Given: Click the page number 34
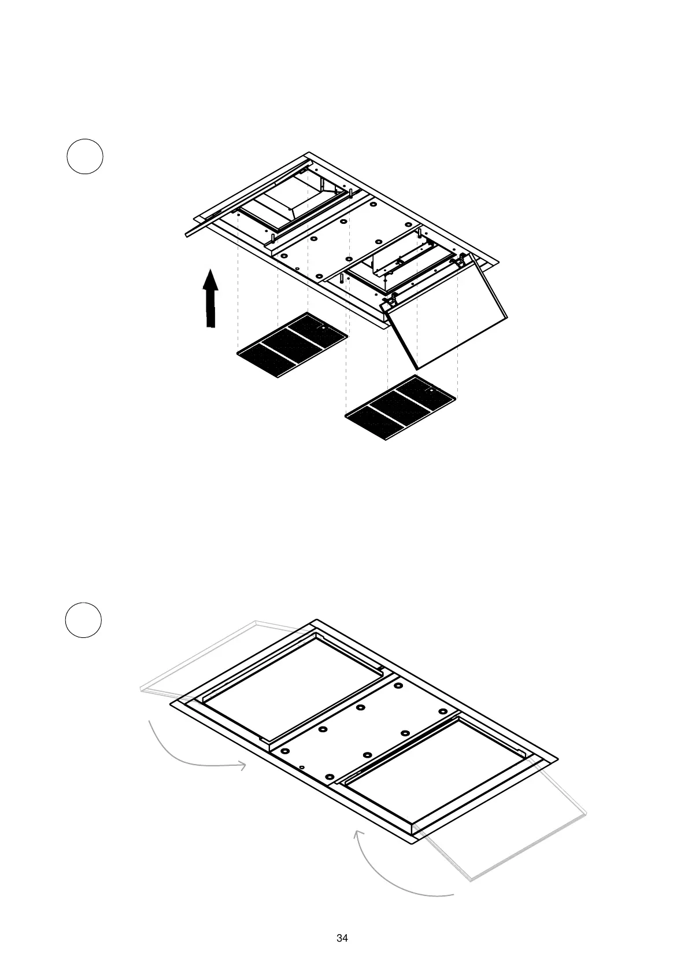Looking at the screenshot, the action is pos(342,938).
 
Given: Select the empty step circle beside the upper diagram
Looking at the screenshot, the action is pos(85,156).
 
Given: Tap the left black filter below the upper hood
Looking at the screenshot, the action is pos(293,345).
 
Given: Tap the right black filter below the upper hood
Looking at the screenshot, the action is pos(400,407).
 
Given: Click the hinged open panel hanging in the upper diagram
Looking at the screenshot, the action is pos(448,318).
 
